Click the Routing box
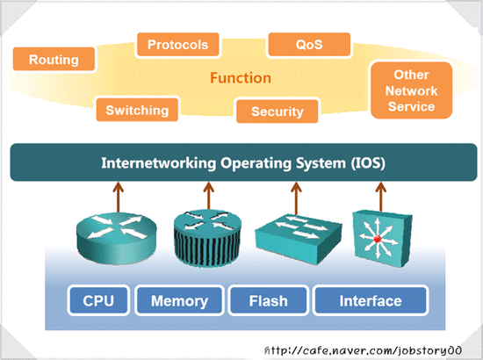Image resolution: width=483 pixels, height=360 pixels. pyautogui.click(x=54, y=60)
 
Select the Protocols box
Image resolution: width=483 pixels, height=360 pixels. pyautogui.click(x=177, y=44)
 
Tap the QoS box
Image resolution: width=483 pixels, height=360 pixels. pyautogui.click(x=309, y=44)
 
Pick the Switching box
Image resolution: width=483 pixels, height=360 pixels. pyautogui.click(x=136, y=110)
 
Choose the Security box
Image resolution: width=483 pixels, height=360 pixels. pyautogui.click(x=277, y=112)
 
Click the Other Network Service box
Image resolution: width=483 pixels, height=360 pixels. pyautogui.click(x=411, y=91)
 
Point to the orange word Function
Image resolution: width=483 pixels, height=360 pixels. pyautogui.click(x=239, y=78)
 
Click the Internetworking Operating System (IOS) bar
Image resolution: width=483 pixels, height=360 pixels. pyautogui.click(x=242, y=163)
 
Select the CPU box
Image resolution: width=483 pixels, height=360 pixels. pyautogui.click(x=98, y=301)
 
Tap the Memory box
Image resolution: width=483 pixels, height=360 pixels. pyautogui.click(x=179, y=301)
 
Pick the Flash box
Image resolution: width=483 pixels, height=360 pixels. pyautogui.click(x=268, y=301)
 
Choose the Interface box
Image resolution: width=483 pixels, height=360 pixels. pyautogui.click(x=370, y=301)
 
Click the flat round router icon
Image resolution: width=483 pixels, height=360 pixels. pyautogui.click(x=112, y=234)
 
